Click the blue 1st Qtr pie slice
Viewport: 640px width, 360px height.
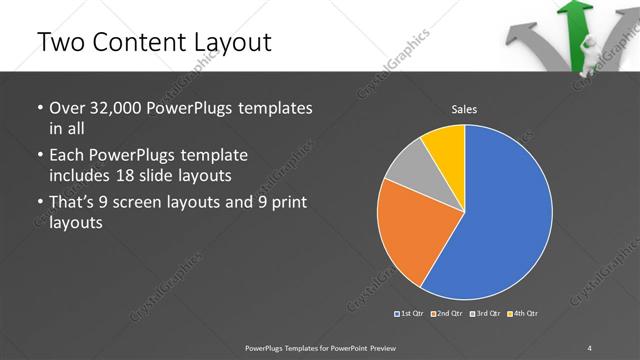[x=505, y=215]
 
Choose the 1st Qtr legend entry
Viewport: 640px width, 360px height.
[x=410, y=314]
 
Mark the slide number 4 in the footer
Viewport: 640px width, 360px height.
[x=590, y=347]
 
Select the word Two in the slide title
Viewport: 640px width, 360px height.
[x=56, y=41]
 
